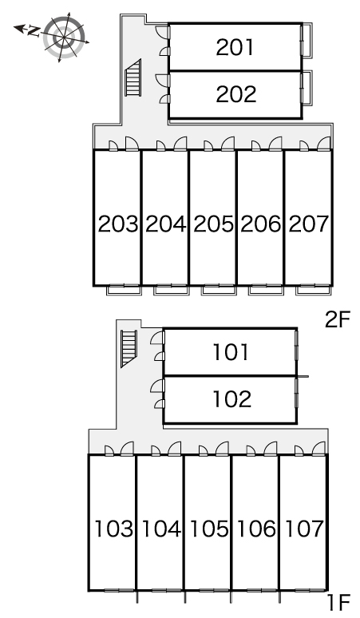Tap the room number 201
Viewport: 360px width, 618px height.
[235, 47]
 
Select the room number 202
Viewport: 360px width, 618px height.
[236, 94]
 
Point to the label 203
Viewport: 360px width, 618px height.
[118, 224]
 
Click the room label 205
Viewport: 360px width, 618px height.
[213, 224]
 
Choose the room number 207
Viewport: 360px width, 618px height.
[308, 224]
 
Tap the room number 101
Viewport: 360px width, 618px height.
[231, 352]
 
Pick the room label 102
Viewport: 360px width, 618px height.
[232, 399]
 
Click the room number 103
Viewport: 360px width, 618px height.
[113, 529]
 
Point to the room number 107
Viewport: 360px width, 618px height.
[304, 529]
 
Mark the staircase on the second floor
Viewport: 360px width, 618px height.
[133, 78]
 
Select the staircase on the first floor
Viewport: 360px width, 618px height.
[129, 348]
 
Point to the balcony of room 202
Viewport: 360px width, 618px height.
[307, 88]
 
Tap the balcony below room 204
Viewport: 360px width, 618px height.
[172, 290]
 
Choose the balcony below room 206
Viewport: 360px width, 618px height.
[267, 290]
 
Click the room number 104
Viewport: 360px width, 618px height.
[161, 529]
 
